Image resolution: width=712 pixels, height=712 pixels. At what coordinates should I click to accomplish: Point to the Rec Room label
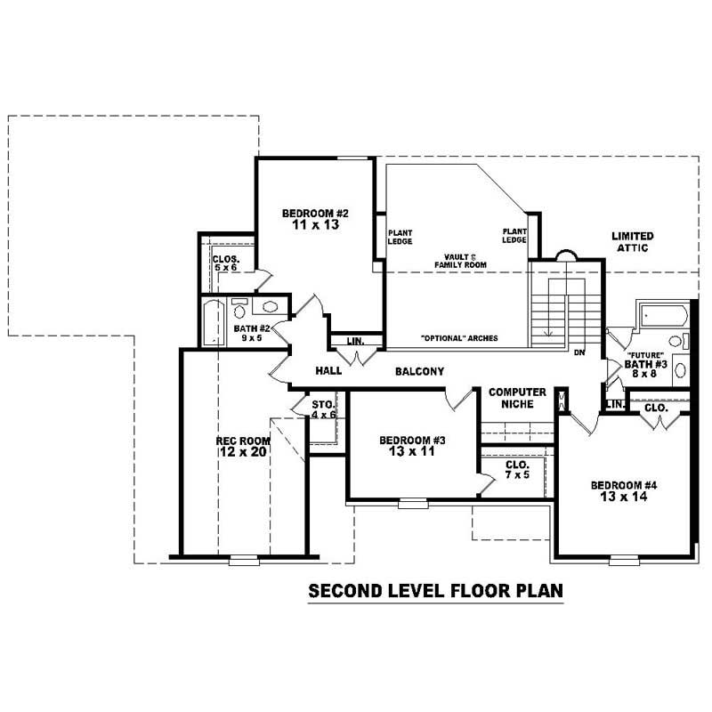tap(243, 441)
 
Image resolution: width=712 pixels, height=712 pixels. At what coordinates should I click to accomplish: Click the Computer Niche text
tap(517, 398)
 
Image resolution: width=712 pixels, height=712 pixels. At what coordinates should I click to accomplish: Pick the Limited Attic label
tap(633, 242)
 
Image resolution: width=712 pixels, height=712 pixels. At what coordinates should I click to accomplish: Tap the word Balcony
tap(419, 371)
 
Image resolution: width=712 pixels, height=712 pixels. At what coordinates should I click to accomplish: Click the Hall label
tap(329, 371)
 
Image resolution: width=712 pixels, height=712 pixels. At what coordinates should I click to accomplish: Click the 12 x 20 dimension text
tap(243, 452)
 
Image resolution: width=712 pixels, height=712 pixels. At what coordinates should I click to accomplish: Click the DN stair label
tap(579, 352)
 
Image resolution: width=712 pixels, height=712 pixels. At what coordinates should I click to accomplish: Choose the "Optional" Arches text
tap(458, 338)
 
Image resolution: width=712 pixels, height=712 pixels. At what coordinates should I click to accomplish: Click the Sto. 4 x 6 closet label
tap(322, 409)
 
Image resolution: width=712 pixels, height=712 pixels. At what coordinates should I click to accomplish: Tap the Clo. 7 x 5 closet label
tap(516, 470)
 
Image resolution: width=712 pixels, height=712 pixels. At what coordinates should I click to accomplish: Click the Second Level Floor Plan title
tap(436, 590)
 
